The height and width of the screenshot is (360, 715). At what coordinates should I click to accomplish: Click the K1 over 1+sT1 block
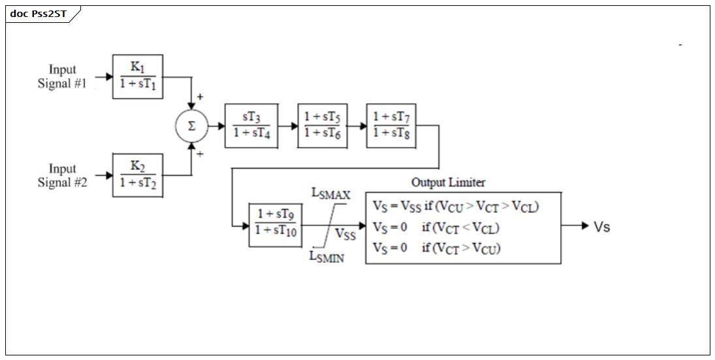pos(138,76)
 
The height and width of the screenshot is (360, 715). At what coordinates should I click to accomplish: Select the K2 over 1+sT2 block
pos(138,175)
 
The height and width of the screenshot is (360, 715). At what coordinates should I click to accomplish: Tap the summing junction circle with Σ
pos(191,126)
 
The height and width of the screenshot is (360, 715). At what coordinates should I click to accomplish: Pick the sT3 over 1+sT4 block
pos(251,126)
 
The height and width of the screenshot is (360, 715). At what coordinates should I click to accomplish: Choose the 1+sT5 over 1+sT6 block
pos(323,126)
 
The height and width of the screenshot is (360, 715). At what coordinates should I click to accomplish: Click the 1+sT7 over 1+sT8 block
pos(391,126)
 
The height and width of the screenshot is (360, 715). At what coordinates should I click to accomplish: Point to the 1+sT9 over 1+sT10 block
pos(276,225)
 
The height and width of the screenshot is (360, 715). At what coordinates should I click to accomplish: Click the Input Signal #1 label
pos(62,76)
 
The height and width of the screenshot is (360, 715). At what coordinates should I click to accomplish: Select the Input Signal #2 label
pos(62,176)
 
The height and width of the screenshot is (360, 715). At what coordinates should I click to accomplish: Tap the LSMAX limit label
pos(331,194)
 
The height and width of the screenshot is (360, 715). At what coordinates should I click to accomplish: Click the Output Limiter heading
pos(448,182)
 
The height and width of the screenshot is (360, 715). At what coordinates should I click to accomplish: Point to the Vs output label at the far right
pos(601,227)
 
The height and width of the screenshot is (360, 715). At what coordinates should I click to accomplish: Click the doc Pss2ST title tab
pos(39,14)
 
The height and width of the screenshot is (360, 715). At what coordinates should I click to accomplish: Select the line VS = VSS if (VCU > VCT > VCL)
pos(456,206)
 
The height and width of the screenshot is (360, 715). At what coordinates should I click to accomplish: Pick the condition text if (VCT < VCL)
pos(460,227)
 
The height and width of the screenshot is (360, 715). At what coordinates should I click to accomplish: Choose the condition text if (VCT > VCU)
pos(461,248)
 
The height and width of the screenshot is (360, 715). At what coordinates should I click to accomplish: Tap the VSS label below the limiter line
pos(345,234)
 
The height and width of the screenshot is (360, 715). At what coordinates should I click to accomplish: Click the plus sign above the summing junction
pos(200,97)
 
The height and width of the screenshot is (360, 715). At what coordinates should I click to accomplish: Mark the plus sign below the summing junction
pos(200,154)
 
